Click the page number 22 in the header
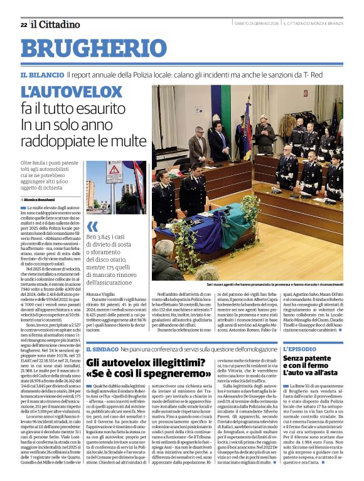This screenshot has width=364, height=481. (x=23, y=24)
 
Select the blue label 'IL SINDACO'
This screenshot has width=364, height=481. (x=100, y=349)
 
